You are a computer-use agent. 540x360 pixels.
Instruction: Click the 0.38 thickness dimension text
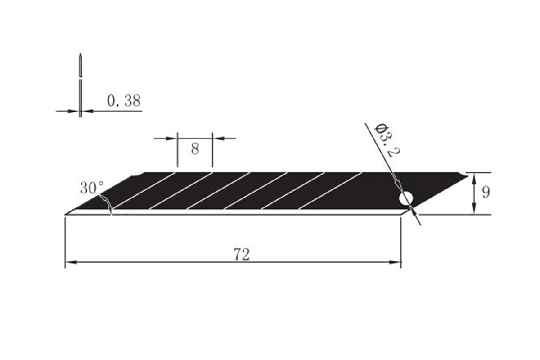tap(124, 101)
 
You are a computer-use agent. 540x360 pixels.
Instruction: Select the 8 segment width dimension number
tap(195, 149)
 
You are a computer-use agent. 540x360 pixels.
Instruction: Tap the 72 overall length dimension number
tap(242, 255)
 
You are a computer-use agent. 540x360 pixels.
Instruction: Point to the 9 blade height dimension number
tap(486, 193)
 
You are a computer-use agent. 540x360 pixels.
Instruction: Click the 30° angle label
tap(92, 188)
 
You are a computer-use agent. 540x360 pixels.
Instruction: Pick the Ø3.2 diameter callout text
tap(387, 140)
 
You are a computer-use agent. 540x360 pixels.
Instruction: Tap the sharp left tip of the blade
tap(65, 214)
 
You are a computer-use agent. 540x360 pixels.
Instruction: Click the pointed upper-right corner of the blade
tap(468, 176)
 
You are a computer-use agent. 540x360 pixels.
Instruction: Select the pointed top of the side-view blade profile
tap(81, 54)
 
